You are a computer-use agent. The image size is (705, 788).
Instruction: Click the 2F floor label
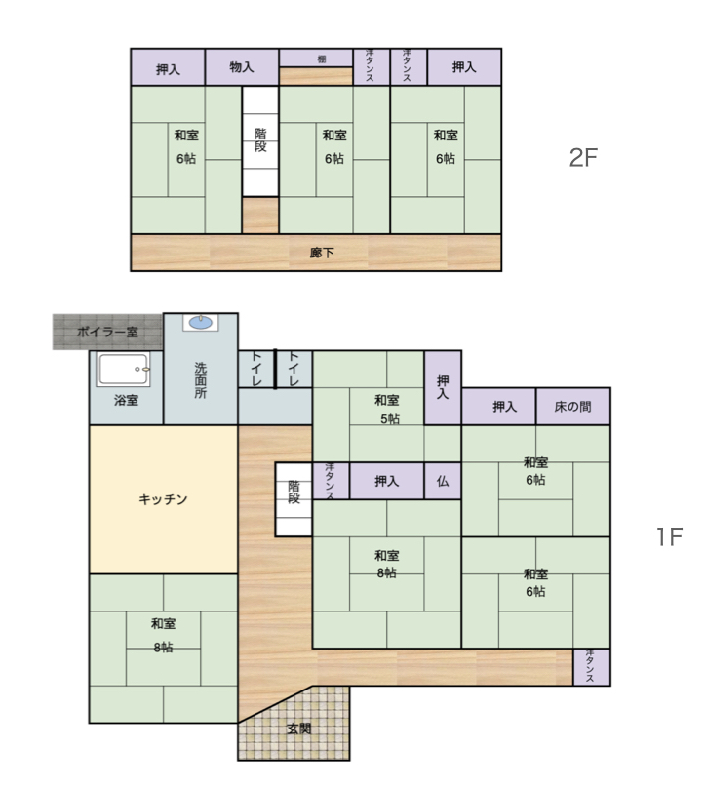pos(583,157)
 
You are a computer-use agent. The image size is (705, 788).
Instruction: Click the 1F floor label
pos(669,536)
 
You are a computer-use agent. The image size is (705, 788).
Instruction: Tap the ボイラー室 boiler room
pos(107,332)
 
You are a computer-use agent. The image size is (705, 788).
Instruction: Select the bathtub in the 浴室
pos(124,369)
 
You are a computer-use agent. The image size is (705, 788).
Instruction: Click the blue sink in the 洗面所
pos(201,323)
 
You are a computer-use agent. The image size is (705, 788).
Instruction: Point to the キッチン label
pos(163,499)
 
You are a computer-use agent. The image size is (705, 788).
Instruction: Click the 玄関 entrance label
pos(299,729)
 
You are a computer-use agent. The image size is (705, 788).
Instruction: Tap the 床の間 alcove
pos(573,406)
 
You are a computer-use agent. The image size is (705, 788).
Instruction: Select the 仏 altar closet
pos(443,481)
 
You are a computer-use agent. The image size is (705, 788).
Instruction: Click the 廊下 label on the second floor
pos(322,253)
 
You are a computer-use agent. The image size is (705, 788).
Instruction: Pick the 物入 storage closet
pos(242,67)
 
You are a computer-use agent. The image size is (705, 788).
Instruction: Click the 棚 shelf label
pos(322,59)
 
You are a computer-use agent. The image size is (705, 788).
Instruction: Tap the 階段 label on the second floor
pos(260,140)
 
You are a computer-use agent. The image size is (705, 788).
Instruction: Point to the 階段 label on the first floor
pos(294,492)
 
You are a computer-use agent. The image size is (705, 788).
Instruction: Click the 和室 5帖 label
pos(387,409)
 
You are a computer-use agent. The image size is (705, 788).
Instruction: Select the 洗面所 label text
pos(201,380)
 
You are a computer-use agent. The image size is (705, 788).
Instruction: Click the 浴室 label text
pos(126,400)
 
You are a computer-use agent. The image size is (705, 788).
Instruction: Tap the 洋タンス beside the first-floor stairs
pos(331,481)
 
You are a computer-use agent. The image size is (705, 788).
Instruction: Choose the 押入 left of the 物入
pos(168,67)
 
